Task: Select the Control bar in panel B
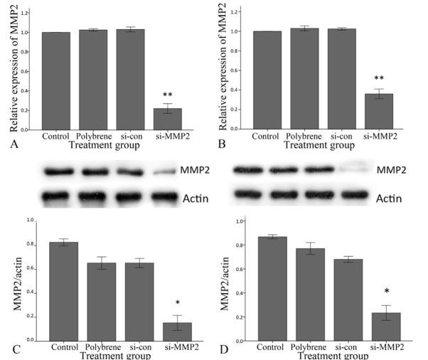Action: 267,80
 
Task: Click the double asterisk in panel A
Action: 168,95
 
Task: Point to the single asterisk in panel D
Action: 387,292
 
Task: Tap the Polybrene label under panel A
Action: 92,136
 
